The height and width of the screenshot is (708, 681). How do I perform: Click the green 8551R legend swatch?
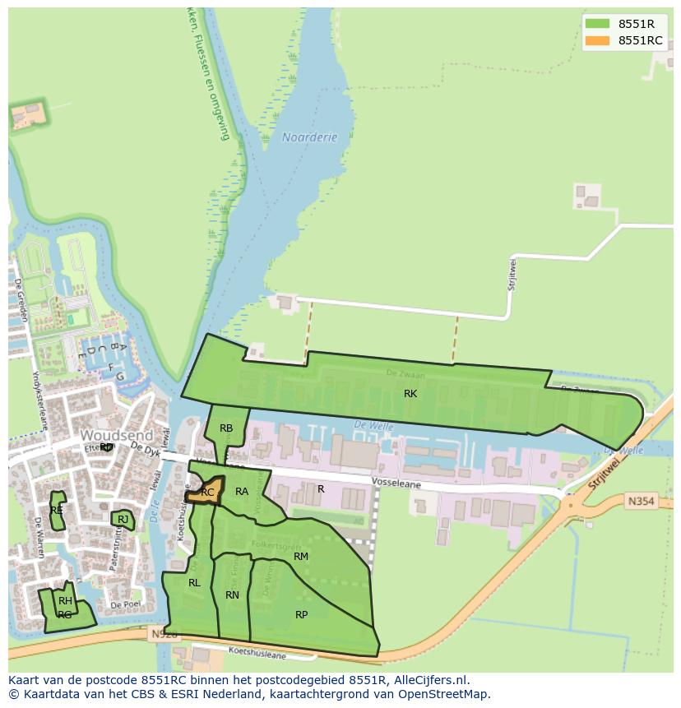598,24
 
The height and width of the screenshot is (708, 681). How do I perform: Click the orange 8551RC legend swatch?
598,40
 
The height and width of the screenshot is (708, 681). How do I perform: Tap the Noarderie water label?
309,137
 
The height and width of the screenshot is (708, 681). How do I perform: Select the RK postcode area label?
410,394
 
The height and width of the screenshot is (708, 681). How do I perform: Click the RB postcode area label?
226,428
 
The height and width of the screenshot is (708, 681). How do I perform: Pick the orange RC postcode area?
206,493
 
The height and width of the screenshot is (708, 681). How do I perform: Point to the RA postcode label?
242,492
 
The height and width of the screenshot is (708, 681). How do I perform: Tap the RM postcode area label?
301,557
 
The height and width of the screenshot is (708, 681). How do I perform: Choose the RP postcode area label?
302,615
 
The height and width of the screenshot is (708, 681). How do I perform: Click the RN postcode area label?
232,595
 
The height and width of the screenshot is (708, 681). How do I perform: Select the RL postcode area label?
194,583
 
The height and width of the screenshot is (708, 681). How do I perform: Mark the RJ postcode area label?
123,519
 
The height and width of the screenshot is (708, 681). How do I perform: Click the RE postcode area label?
57,511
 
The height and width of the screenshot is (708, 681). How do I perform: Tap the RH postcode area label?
65,601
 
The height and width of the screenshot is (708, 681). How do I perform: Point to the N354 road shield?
641,500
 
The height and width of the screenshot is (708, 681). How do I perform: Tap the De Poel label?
126,604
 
